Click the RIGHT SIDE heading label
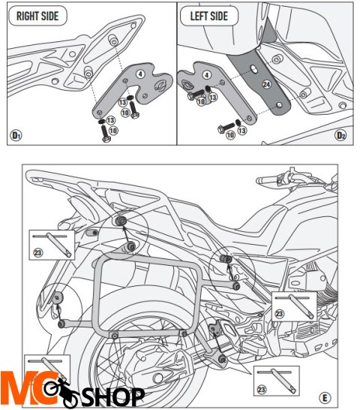36,16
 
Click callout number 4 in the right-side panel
139,74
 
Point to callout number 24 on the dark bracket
266,86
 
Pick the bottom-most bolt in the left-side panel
223,129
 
